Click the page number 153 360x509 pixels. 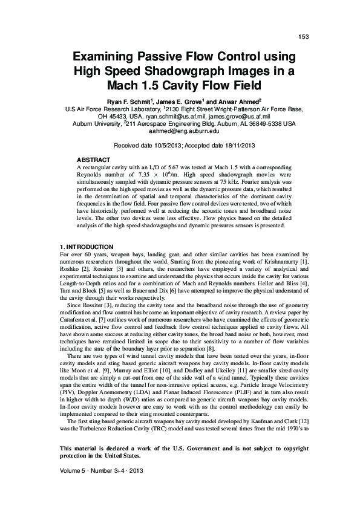pyautogui.click(x=304, y=37)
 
